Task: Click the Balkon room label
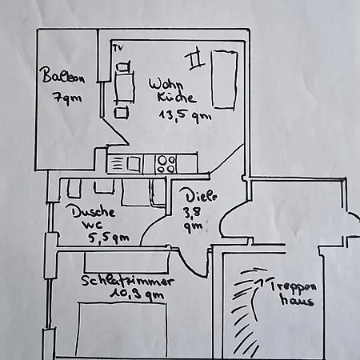pos(62,76)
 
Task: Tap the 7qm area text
pos(67,98)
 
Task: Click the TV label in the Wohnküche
pos(118,48)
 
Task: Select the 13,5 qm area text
pos(186,116)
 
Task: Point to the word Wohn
pos(166,84)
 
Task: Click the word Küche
pos(177,98)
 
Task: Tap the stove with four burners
pos(166,163)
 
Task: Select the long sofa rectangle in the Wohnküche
pos(224,79)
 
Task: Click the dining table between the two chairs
pos(124,87)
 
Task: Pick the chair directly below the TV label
pos(124,66)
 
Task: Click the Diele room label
pos(202,196)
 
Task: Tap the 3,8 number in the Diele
pos(191,212)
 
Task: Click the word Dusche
pos(94,211)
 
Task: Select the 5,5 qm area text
pos(109,238)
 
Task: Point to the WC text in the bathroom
pos(92,225)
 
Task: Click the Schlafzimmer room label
pos(127,281)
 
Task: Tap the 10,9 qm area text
pos(137,295)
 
